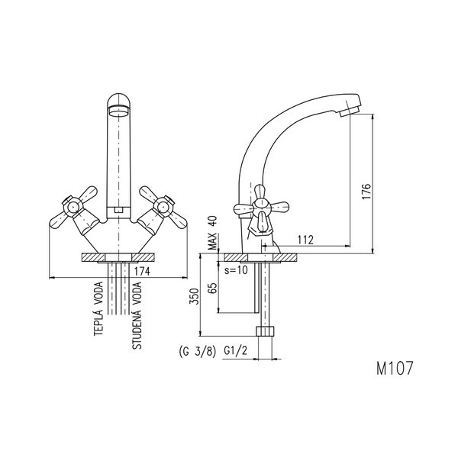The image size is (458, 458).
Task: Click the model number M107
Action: [x=394, y=368]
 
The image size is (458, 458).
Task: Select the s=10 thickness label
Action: [x=237, y=271]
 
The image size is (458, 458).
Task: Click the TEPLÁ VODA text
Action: [x=99, y=317]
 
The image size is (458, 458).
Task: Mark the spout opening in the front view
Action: [x=118, y=108]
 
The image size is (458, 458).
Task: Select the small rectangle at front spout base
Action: [x=118, y=208]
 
